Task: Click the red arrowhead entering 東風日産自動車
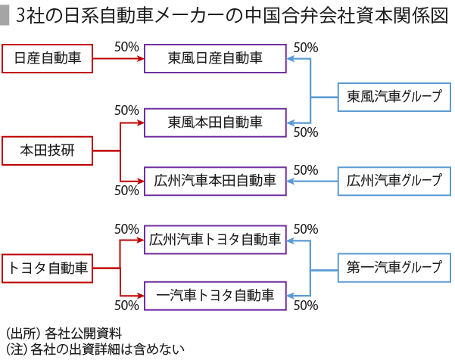[x=141, y=58]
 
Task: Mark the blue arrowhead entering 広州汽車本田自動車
[x=291, y=182]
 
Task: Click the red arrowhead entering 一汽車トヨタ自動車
[x=141, y=296]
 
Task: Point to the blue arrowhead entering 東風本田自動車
[x=291, y=123]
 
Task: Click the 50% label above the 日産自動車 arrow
[x=126, y=47]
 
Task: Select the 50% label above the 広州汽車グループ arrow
[x=306, y=170]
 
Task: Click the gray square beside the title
[x=4, y=16]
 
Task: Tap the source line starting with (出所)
[x=64, y=334]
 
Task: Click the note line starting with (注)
[x=95, y=349]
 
